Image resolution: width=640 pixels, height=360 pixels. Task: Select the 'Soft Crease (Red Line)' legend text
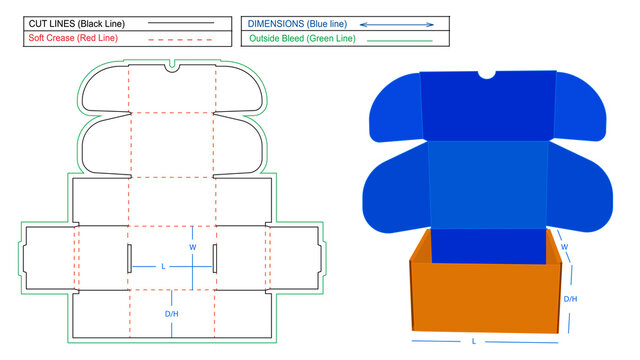[x=75, y=39]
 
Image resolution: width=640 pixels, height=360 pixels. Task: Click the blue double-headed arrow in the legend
[x=397, y=22]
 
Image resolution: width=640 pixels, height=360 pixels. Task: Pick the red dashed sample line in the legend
[x=180, y=39]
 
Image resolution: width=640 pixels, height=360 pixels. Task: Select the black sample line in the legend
[x=180, y=21]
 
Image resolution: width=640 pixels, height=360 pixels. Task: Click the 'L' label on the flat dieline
[x=164, y=266]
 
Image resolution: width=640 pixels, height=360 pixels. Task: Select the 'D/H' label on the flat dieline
[x=171, y=313]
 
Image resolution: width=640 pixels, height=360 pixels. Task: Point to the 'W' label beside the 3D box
[x=564, y=247]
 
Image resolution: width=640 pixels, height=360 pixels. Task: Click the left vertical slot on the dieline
[x=128, y=257]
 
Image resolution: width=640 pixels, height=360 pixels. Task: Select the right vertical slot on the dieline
[x=214, y=257]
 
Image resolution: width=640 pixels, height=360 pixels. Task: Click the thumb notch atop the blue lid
[x=487, y=74]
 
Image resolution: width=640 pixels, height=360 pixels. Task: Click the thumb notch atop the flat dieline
[x=172, y=67]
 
